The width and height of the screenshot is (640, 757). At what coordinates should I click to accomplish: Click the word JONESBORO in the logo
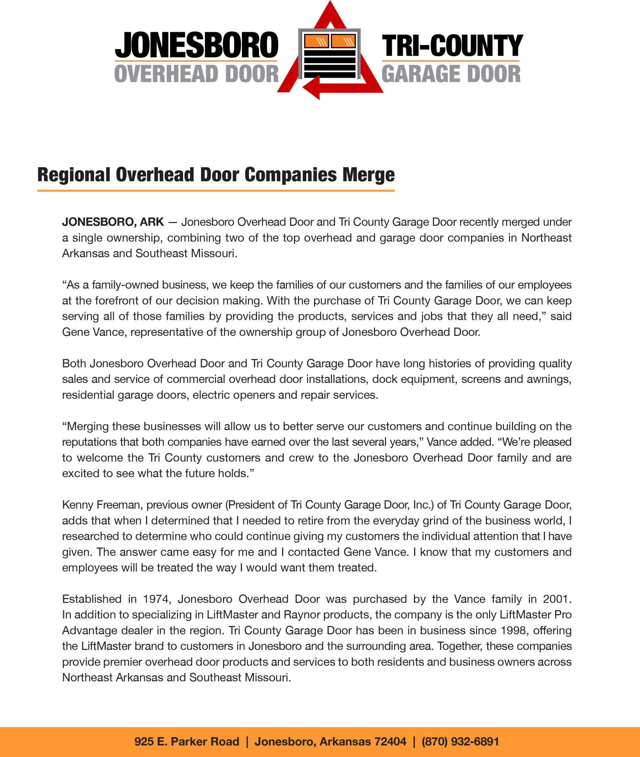[196, 45]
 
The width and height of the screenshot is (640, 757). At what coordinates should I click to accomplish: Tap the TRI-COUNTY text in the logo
[452, 45]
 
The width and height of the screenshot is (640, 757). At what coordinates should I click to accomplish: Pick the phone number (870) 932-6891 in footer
[460, 741]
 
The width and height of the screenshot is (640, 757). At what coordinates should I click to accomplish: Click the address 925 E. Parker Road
[186, 741]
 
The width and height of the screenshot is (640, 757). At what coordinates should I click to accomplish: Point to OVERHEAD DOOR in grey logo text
[196, 74]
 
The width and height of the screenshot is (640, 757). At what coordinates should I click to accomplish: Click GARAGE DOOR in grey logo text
[451, 74]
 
